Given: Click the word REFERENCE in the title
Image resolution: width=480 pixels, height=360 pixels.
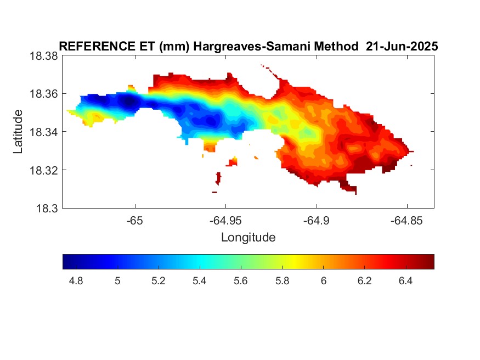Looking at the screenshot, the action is point(97,47).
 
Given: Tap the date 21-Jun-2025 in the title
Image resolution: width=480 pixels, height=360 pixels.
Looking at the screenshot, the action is point(402,47).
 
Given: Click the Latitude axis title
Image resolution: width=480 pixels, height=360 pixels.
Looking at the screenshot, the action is point(18,132).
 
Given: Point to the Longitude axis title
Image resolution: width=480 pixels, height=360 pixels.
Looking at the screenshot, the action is point(249,238).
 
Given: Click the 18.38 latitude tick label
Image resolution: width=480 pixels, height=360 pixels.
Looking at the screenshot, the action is point(43,57).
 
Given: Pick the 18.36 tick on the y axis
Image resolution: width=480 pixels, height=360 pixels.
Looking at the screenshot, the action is point(43,94).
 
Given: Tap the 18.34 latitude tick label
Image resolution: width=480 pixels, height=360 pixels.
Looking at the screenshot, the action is point(43,132).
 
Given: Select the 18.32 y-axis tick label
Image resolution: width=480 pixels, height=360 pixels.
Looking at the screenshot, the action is point(43,170).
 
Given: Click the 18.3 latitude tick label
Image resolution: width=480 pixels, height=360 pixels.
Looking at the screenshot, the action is point(47,209).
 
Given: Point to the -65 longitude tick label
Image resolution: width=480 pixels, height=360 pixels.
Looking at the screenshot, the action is point(135,221).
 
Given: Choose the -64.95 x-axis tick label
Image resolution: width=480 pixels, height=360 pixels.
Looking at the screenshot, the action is point(225,221).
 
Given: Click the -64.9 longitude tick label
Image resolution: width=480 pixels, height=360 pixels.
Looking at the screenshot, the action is point(316,221).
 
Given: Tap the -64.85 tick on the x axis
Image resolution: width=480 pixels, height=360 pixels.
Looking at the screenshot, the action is point(406,221).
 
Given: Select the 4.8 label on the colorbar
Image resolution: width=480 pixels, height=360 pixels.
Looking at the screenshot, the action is point(76,281).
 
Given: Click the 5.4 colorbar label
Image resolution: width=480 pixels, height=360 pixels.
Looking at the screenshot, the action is point(200,281).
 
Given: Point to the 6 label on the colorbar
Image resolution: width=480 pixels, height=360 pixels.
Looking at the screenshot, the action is point(324,281).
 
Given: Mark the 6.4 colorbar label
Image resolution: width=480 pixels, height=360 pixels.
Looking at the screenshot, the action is point(405,281).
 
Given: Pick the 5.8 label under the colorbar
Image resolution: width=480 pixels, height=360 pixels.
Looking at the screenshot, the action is point(283,281).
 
